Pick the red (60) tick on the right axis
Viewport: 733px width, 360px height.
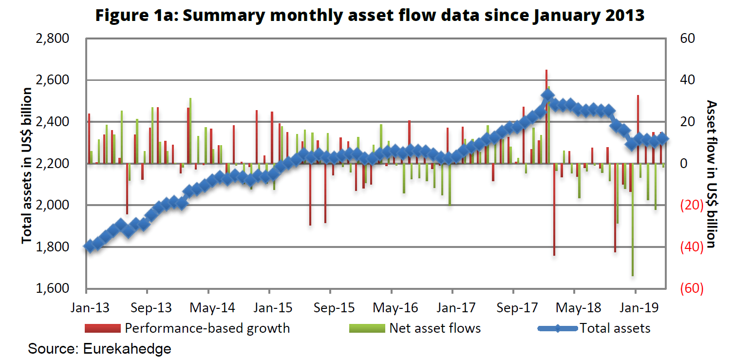coord(690,289)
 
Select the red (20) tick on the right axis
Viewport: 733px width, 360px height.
coord(690,206)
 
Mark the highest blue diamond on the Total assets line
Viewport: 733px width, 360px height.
coord(547,96)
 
